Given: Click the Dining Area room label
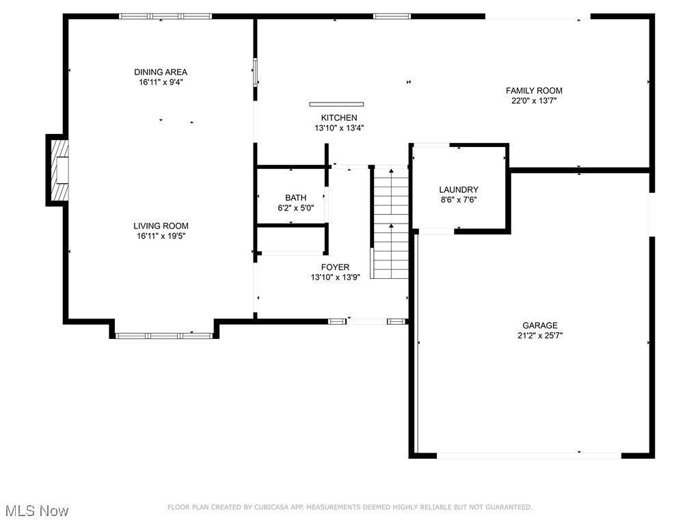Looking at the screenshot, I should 161,72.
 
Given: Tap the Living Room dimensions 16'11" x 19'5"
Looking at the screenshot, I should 161,236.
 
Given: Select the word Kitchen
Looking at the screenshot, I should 339,118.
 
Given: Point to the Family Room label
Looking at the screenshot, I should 534,90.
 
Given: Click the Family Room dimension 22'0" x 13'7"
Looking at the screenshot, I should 534,100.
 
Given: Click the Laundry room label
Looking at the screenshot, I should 458,189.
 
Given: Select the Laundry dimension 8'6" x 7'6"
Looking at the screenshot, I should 458,200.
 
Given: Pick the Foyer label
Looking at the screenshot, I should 335,267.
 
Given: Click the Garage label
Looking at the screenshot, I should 540,325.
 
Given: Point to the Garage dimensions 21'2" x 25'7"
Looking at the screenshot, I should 540,336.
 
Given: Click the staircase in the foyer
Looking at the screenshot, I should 390,222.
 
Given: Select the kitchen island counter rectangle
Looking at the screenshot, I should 336,105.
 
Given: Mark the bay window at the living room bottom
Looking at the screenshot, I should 163,335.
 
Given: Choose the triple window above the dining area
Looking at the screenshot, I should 165,16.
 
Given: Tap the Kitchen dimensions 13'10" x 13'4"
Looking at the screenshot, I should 339,128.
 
